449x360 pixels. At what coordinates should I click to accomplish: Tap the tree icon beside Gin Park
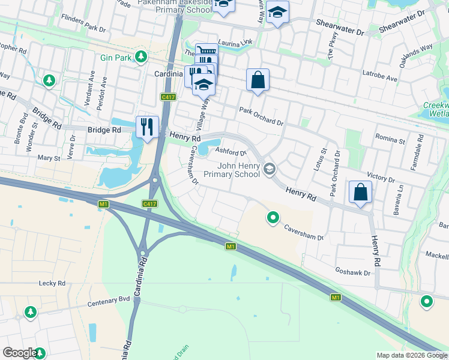point(141,57)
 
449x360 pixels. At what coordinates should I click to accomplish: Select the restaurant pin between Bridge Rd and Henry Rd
point(147,127)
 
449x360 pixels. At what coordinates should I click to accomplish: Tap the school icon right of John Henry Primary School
point(269,170)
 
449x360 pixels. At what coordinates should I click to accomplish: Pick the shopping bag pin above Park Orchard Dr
point(258,80)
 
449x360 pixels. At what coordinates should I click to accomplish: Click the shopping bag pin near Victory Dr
point(360,193)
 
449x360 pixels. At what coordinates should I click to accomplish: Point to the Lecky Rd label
point(52,283)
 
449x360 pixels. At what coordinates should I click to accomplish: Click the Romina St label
point(390,139)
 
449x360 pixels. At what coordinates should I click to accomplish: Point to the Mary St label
point(49,158)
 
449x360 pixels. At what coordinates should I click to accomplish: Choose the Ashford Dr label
point(231,152)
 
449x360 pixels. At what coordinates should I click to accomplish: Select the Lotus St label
point(320,161)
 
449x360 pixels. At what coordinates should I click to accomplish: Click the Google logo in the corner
point(20,353)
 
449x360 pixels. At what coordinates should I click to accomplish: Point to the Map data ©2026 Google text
point(411,355)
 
